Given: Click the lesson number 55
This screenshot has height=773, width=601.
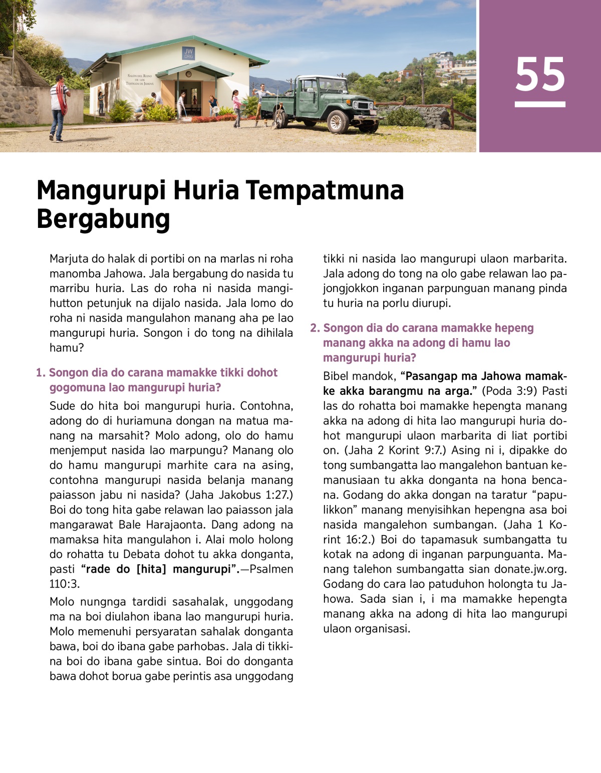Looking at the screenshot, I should pyautogui.click(x=540, y=75).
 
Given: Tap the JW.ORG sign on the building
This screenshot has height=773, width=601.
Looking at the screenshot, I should pyautogui.click(x=188, y=54).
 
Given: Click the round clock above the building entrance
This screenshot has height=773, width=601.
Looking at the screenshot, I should pyautogui.click(x=188, y=74).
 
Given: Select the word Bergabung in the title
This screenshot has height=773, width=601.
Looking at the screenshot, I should pyautogui.click(x=103, y=219).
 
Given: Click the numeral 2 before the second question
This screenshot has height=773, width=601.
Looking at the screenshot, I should pyautogui.click(x=314, y=328).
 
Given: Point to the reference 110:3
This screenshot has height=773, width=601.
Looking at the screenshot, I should pyautogui.click(x=65, y=584).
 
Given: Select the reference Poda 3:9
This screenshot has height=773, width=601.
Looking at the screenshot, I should pyautogui.click(x=506, y=391).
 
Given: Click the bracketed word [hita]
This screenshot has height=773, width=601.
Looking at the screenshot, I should pyautogui.click(x=151, y=570).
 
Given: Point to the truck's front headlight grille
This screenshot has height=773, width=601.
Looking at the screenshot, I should pyautogui.click(x=362, y=105).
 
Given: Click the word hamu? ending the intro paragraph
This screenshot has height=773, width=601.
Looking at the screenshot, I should pyautogui.click(x=66, y=348).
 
